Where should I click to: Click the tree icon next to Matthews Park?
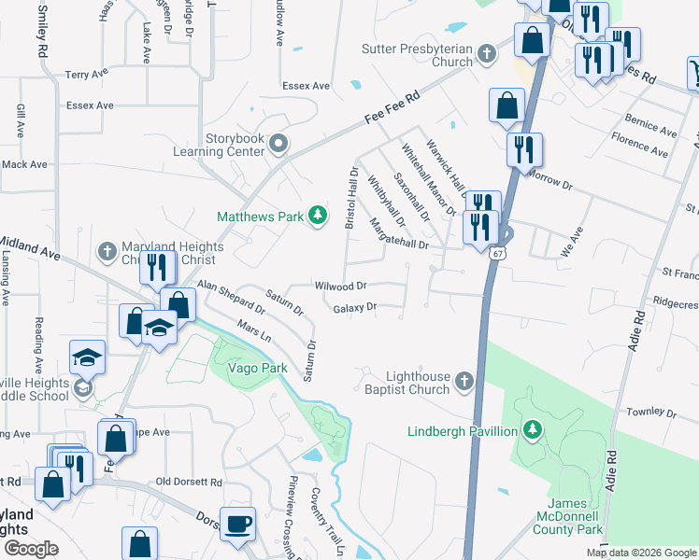point(318,216)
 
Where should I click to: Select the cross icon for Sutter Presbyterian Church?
point(486,53)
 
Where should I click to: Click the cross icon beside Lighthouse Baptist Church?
point(464,380)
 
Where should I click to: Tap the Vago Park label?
point(249,368)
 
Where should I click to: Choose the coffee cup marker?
point(238,523)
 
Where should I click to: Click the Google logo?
point(31,548)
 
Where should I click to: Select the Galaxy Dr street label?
point(354,306)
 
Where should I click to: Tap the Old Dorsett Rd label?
point(189,483)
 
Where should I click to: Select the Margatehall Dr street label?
point(398,236)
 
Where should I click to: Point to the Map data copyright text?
point(641,553)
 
